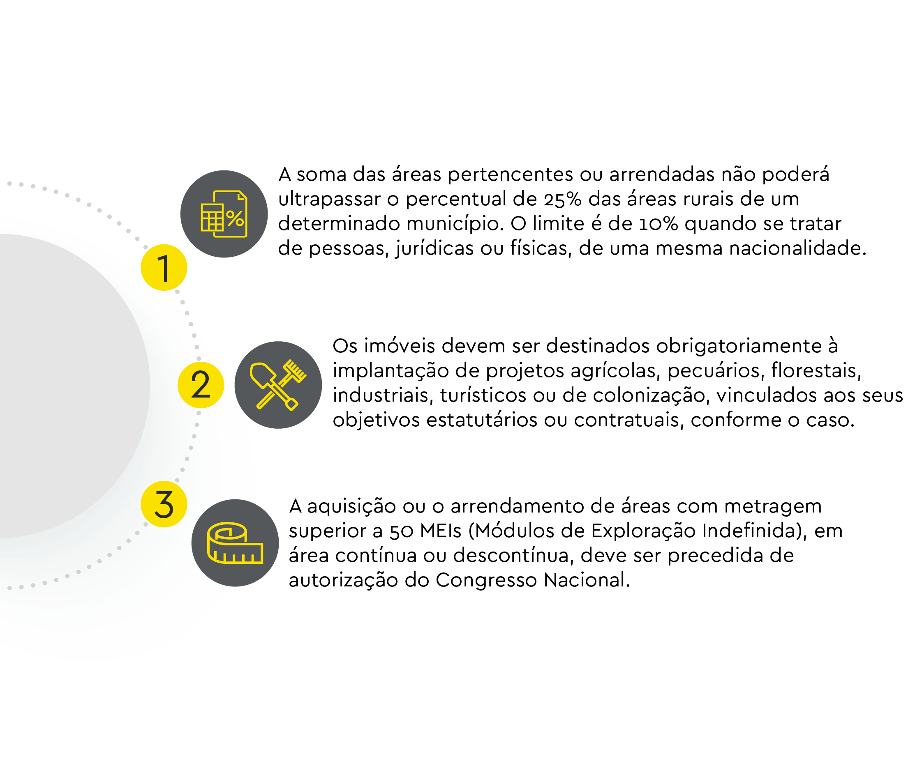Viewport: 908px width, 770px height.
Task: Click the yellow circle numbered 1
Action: (x=164, y=267)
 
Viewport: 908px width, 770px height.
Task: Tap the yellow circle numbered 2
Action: (x=201, y=384)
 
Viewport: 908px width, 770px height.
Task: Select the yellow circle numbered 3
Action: (x=164, y=504)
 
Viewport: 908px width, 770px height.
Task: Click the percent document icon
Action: (x=224, y=214)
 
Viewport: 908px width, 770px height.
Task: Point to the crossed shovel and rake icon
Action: (x=278, y=385)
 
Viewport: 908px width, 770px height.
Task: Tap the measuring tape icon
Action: (x=235, y=542)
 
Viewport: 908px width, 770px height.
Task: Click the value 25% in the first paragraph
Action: (x=562, y=200)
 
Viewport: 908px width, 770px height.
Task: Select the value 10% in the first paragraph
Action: (x=658, y=224)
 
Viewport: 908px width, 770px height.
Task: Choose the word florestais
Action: (x=816, y=370)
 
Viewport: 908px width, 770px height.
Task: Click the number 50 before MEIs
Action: (x=401, y=531)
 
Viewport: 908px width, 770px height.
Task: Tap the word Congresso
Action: (x=486, y=581)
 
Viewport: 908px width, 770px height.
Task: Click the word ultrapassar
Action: (x=329, y=200)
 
